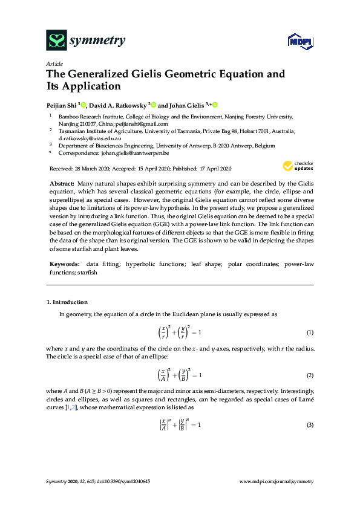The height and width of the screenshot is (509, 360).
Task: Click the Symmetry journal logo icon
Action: pyautogui.click(x=57, y=41)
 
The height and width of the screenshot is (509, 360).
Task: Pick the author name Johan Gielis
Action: pyautogui.click(x=185, y=104)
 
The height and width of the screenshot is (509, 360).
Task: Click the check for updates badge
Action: pyautogui.click(x=298, y=166)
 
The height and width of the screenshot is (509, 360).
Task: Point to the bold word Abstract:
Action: pyautogui.click(x=62, y=183)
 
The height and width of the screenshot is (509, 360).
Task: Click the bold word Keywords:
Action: pyautogui.click(x=64, y=264)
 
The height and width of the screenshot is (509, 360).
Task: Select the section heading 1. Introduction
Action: pyautogui.click(x=67, y=302)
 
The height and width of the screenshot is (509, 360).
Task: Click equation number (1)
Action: pyautogui.click(x=309, y=333)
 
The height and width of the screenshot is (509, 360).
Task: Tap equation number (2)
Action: pyautogui.click(x=309, y=375)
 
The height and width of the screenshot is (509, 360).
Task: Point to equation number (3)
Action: pyautogui.click(x=309, y=425)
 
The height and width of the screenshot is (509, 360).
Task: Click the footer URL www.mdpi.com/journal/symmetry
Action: pyautogui.click(x=277, y=481)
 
